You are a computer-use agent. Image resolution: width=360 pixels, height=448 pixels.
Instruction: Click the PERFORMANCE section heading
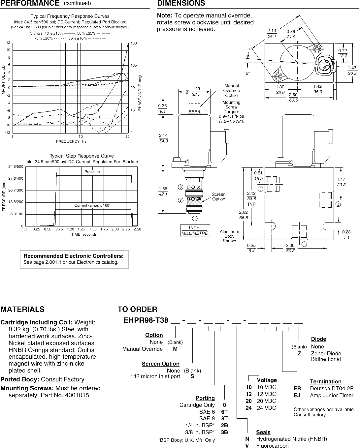30,3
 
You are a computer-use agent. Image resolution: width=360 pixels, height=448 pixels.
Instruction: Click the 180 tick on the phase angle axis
134,43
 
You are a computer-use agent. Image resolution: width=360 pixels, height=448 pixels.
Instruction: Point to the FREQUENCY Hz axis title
71,141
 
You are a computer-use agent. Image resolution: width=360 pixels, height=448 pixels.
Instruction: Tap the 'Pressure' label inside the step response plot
92,172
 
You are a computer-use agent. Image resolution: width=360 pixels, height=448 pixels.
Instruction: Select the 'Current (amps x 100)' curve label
92,205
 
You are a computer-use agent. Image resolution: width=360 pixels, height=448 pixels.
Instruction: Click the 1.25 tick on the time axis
81,229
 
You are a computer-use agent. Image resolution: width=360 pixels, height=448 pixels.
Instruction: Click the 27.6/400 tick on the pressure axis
16,178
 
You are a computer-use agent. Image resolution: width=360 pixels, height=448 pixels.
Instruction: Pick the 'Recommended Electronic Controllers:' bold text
73,256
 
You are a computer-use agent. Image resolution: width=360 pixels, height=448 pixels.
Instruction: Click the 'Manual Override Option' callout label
231,91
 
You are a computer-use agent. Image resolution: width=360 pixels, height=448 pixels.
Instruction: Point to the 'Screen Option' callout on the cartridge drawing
218,196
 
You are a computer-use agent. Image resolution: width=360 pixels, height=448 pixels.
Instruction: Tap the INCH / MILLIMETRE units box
195,230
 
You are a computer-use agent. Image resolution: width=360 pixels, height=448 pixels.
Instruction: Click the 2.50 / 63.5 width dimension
293,97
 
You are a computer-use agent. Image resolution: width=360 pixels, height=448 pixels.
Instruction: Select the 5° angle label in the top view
247,74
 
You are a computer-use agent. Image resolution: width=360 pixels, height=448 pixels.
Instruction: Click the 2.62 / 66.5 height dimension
244,215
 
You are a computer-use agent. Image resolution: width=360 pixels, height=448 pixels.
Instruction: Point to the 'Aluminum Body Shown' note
229,236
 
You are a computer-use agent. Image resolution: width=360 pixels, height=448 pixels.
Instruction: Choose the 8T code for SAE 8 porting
224,418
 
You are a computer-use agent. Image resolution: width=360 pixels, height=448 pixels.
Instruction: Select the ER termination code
297,388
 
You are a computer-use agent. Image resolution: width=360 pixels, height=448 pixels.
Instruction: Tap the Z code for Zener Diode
299,353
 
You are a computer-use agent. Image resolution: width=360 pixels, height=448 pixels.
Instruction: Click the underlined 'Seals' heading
263,433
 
